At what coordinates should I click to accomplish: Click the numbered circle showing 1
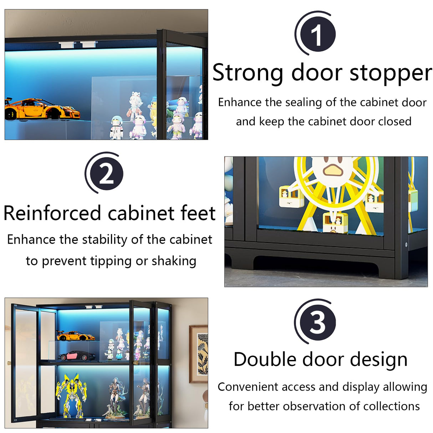tap(316, 35)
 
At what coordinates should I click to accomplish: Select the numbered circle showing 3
tap(316, 322)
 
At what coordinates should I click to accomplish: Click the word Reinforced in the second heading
tap(52, 213)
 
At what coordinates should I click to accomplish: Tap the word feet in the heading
tap(198, 213)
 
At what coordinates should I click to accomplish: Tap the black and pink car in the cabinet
tap(76, 355)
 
